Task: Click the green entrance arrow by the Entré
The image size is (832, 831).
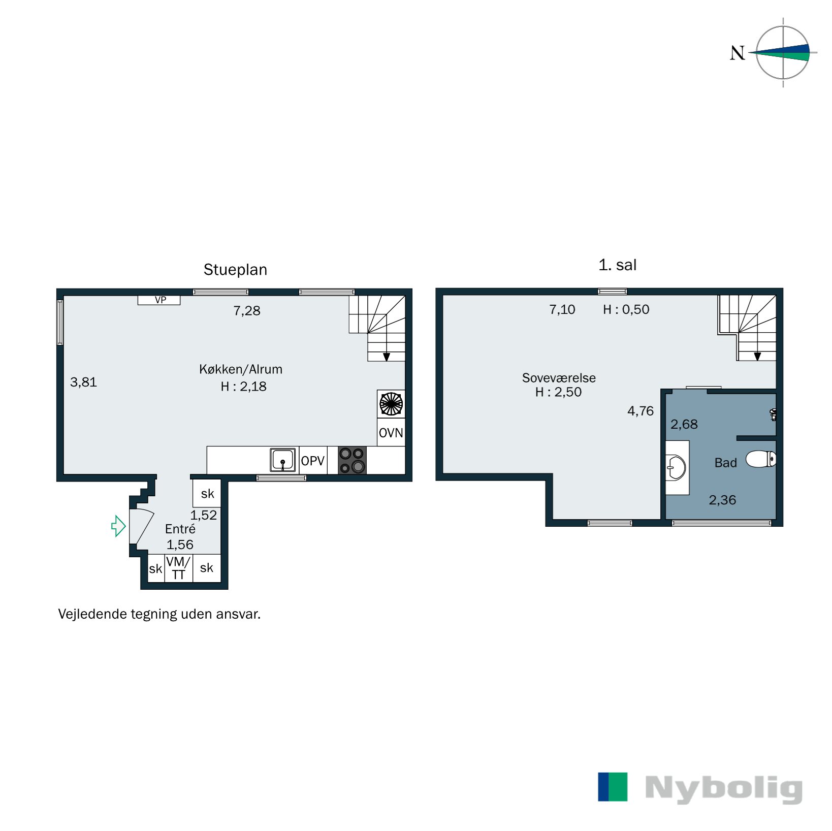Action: pyautogui.click(x=118, y=526)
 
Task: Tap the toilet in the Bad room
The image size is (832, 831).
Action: pyautogui.click(x=760, y=459)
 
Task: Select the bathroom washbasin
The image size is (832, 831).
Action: pyautogui.click(x=676, y=467)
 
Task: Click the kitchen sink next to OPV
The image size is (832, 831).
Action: pyautogui.click(x=282, y=460)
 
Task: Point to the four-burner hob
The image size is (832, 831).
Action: pyautogui.click(x=352, y=460)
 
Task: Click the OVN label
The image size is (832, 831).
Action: pyautogui.click(x=391, y=433)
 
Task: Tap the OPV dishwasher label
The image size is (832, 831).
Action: pyautogui.click(x=312, y=461)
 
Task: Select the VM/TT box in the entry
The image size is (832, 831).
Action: pyautogui.click(x=178, y=568)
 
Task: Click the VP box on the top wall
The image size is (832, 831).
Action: pyautogui.click(x=159, y=300)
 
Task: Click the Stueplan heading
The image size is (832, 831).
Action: pyautogui.click(x=235, y=270)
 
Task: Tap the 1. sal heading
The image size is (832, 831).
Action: pyautogui.click(x=617, y=265)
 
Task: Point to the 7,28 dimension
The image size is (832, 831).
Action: pyautogui.click(x=247, y=311)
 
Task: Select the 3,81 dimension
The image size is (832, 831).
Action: pyautogui.click(x=83, y=382)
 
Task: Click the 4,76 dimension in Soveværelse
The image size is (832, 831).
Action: pyautogui.click(x=640, y=411)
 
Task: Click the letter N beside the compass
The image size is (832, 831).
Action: pyautogui.click(x=737, y=53)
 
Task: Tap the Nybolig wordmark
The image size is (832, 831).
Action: pyautogui.click(x=723, y=789)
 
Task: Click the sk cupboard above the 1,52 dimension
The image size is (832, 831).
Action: pyautogui.click(x=207, y=493)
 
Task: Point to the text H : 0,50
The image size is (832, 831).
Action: pyautogui.click(x=626, y=309)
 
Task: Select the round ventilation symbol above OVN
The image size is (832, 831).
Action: pyautogui.click(x=391, y=404)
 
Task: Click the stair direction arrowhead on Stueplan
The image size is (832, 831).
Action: pyautogui.click(x=387, y=357)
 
